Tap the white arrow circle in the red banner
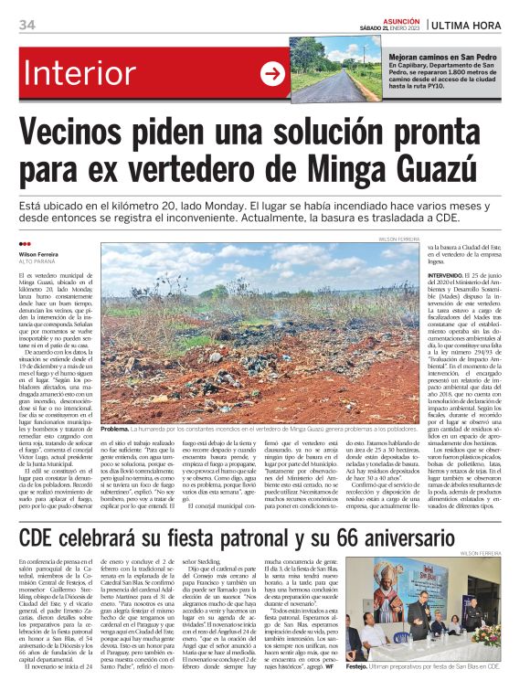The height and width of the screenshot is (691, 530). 272,74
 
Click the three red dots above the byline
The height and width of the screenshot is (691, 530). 25,244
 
